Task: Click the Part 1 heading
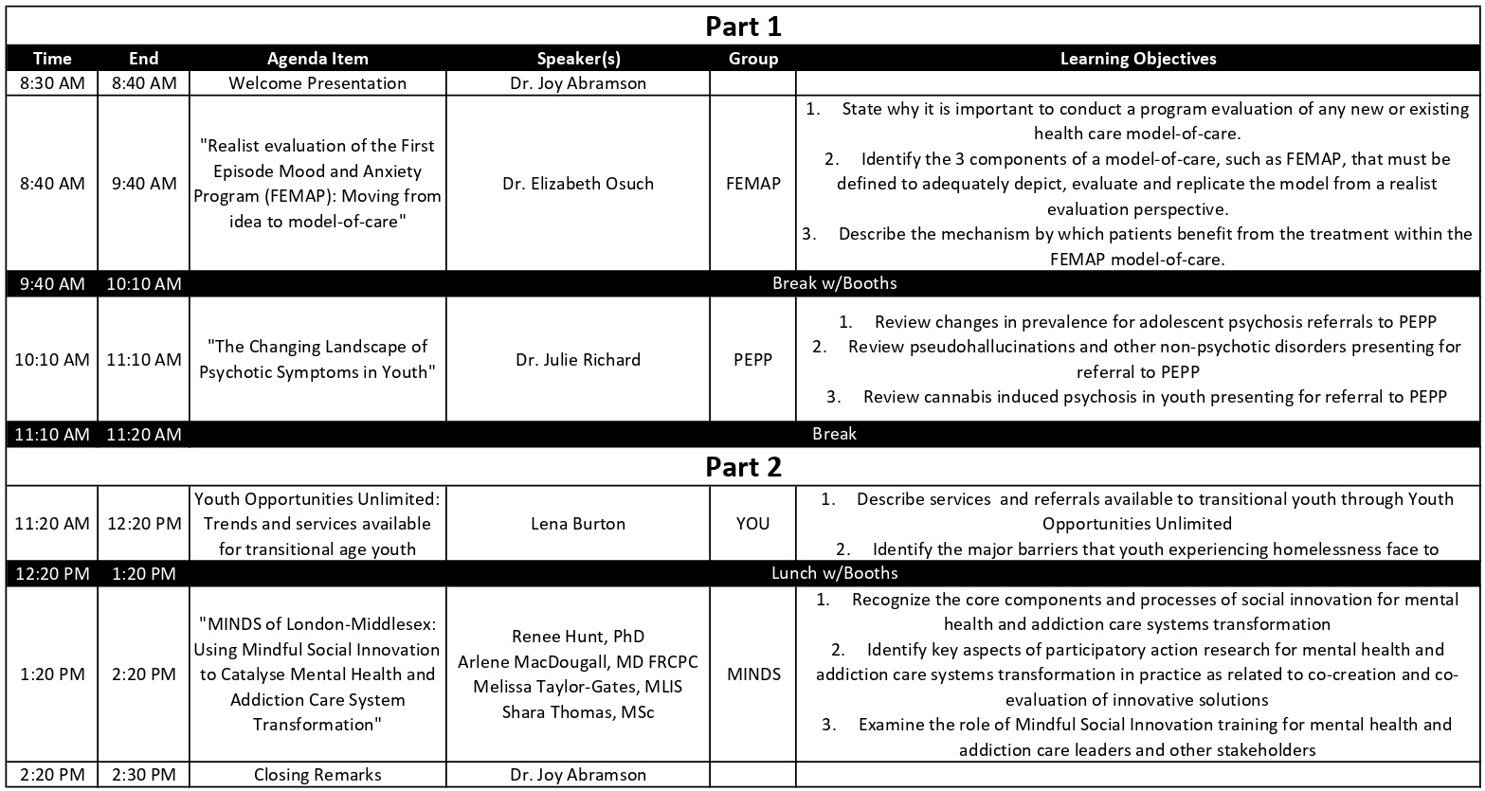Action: tap(743, 27)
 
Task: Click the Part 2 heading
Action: tap(743, 467)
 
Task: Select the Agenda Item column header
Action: tap(317, 59)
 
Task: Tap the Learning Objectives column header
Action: tap(1138, 59)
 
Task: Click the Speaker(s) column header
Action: tap(578, 59)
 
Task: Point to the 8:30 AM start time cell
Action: tap(52, 83)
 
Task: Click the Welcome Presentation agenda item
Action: tap(317, 83)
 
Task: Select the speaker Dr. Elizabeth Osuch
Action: tap(578, 184)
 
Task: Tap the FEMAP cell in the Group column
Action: tap(753, 184)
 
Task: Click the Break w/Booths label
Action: tap(834, 283)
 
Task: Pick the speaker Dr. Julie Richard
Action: tap(578, 360)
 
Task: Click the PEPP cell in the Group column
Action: tap(753, 360)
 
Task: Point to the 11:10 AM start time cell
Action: tap(52, 434)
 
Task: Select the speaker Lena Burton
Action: tap(578, 524)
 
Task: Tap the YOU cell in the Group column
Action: tap(753, 524)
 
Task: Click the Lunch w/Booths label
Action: tap(834, 573)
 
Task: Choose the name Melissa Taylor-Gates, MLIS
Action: tap(578, 687)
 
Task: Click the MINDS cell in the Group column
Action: tap(753, 674)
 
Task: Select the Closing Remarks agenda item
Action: tap(317, 775)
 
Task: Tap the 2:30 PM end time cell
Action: tap(143, 775)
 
